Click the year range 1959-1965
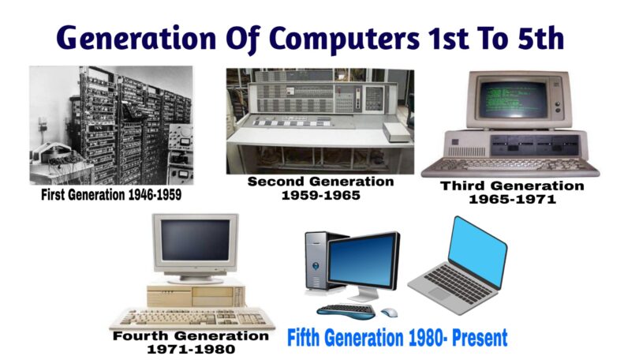320,195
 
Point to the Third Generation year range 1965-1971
512,200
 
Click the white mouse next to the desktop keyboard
390,313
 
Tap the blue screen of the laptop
477,250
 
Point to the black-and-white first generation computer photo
110,125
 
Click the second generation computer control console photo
319,120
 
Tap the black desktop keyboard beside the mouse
347,309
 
